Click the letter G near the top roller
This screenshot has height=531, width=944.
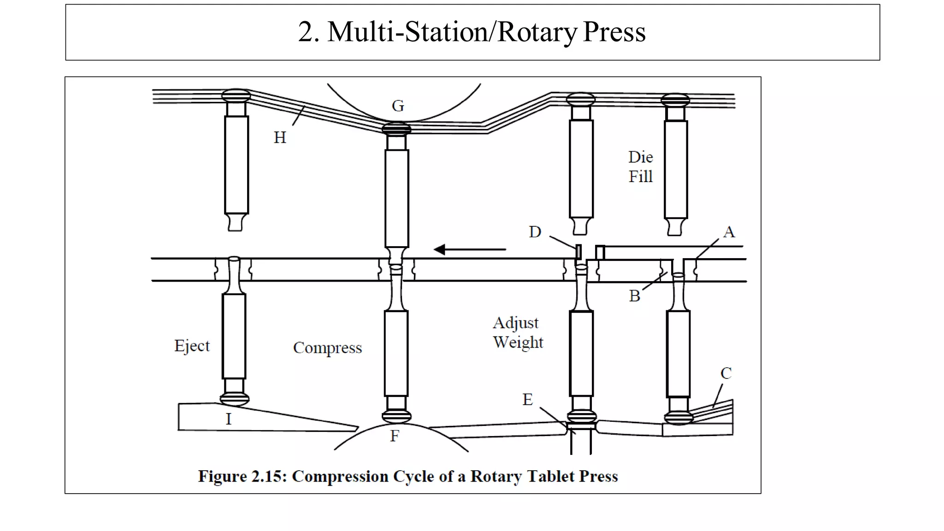(398, 106)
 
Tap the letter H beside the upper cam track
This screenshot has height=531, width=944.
(280, 137)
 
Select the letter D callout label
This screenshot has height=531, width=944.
(535, 232)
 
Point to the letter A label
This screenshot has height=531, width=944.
(729, 232)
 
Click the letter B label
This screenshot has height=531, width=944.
(635, 296)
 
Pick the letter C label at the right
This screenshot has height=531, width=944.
(726, 373)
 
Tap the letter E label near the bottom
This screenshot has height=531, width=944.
(527, 400)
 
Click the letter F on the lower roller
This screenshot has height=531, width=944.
(395, 436)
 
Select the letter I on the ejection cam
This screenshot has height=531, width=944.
(228, 419)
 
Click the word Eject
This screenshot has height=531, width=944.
(192, 346)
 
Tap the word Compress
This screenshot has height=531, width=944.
(327, 348)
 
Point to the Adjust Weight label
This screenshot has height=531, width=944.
(518, 332)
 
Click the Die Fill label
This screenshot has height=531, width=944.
(641, 167)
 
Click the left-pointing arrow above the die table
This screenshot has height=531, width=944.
(469, 249)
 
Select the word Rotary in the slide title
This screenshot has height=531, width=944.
(537, 32)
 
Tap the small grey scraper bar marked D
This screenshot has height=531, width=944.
(578, 252)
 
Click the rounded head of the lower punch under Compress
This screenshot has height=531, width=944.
(396, 416)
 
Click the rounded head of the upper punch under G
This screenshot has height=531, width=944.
(397, 128)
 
